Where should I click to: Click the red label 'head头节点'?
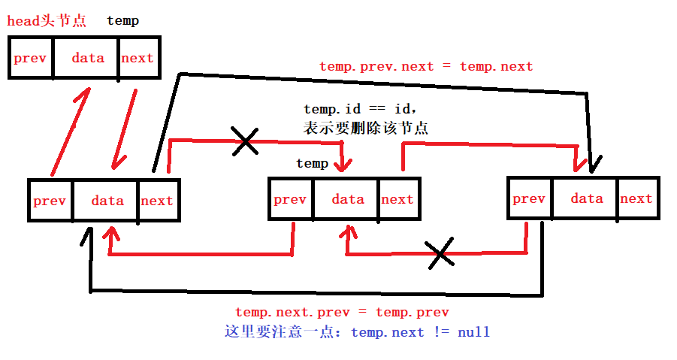(46, 21)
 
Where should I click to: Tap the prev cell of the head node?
(31, 58)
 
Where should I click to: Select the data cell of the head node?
(87, 58)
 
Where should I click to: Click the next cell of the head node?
(138, 58)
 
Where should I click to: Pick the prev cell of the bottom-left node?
(50, 201)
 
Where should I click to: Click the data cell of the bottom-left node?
(107, 201)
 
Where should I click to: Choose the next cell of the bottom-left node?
(157, 201)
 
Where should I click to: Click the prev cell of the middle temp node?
(290, 199)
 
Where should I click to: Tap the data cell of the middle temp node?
(347, 199)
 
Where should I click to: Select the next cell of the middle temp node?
(397, 199)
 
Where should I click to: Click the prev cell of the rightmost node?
(529, 198)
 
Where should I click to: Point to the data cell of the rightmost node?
(586, 198)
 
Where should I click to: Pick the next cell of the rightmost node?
(636, 198)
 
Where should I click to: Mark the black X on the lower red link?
(440, 253)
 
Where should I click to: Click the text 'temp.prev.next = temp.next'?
(426, 66)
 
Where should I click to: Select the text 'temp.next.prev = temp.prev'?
(342, 312)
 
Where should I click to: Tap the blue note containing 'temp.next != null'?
(357, 331)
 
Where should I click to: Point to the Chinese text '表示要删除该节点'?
(366, 129)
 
